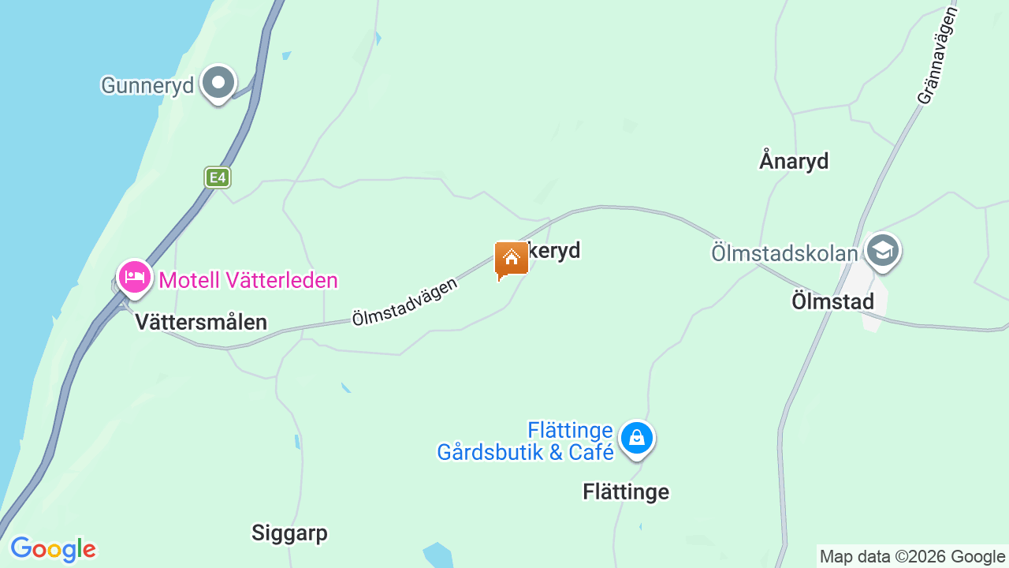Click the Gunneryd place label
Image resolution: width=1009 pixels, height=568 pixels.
(147, 85)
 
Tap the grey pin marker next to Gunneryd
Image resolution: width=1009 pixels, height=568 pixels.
(218, 82)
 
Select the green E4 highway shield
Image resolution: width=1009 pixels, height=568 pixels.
(217, 177)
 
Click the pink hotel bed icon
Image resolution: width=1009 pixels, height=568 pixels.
(135, 277)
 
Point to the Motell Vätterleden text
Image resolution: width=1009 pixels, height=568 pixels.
(248, 280)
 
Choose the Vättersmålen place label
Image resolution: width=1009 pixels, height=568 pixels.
(201, 322)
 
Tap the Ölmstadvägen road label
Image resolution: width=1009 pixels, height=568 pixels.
(404, 301)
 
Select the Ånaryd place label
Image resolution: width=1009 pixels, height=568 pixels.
(794, 161)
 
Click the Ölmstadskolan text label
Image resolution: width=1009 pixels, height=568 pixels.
(784, 253)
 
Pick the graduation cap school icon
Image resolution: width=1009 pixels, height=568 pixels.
(882, 251)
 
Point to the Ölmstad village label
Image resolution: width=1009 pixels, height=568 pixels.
(833, 301)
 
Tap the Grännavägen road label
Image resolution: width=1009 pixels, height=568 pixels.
(937, 56)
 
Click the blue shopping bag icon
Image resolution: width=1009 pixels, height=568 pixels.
(636, 437)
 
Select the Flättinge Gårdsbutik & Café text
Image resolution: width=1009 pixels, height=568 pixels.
(526, 441)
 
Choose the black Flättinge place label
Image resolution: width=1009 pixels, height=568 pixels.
(626, 491)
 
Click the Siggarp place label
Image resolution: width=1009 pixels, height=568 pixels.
(289, 533)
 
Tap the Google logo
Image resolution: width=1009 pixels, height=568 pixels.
(53, 549)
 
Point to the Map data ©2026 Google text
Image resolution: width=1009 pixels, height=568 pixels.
(912, 557)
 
